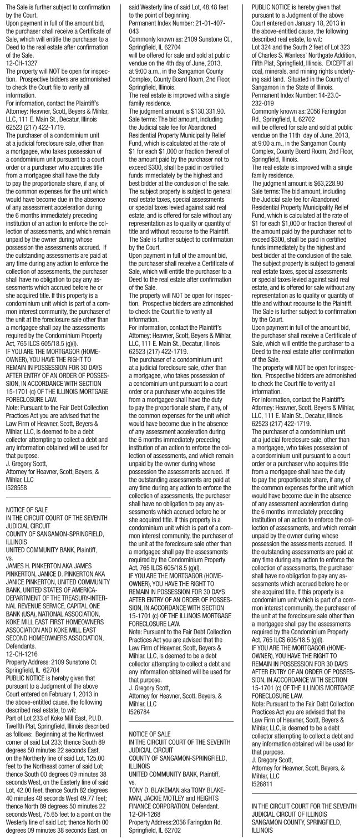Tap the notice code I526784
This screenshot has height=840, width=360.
[139, 711]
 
